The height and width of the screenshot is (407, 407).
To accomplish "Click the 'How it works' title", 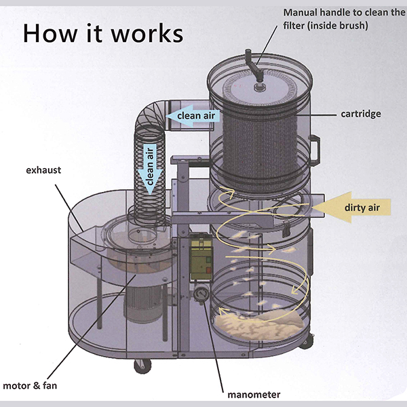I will (102, 33).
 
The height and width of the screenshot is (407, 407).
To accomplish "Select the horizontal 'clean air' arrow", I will (193, 115).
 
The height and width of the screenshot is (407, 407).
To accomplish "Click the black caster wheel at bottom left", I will (142, 366).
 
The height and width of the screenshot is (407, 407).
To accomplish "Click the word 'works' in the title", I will (145, 33).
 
